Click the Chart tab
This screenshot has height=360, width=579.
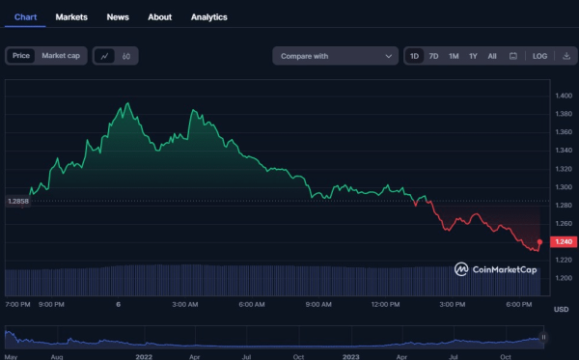pyautogui.click(x=26, y=17)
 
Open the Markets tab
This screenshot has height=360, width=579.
pyautogui.click(x=71, y=17)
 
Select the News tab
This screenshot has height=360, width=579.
pyautogui.click(x=118, y=17)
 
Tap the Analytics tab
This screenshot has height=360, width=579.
pyautogui.click(x=209, y=17)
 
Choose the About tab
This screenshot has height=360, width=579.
pyautogui.click(x=160, y=17)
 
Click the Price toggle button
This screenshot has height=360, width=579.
pyautogui.click(x=20, y=56)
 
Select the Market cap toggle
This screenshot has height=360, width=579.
pyautogui.click(x=61, y=56)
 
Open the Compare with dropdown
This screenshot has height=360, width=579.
pyautogui.click(x=335, y=56)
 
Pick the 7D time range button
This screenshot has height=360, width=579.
pyautogui.click(x=433, y=56)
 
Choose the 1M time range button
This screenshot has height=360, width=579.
pyautogui.click(x=454, y=56)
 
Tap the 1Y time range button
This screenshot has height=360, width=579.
pyautogui.click(x=473, y=56)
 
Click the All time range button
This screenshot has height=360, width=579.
pyautogui.click(x=492, y=56)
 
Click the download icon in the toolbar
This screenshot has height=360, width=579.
pyautogui.click(x=566, y=56)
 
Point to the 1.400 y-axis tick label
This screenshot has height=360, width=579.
pyautogui.click(x=564, y=96)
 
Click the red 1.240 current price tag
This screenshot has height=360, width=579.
pyautogui.click(x=564, y=241)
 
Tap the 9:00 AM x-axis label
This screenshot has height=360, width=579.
pyautogui.click(x=319, y=304)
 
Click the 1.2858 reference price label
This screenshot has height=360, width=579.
pyautogui.click(x=18, y=201)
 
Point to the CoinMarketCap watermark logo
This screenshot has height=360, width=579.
pyautogui.click(x=496, y=269)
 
